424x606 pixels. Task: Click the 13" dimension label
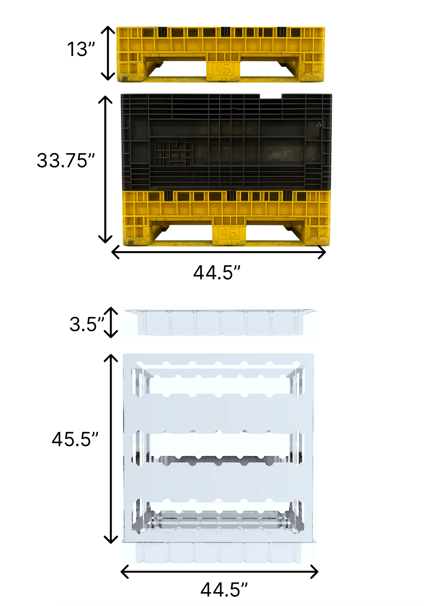pyautogui.click(x=81, y=49)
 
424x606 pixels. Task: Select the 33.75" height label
pyautogui.click(x=66, y=160)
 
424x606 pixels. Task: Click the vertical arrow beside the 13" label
pyautogui.click(x=108, y=53)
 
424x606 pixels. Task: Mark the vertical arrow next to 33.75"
pyautogui.click(x=105, y=169)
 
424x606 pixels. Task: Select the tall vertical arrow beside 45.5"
pyautogui.click(x=111, y=448)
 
